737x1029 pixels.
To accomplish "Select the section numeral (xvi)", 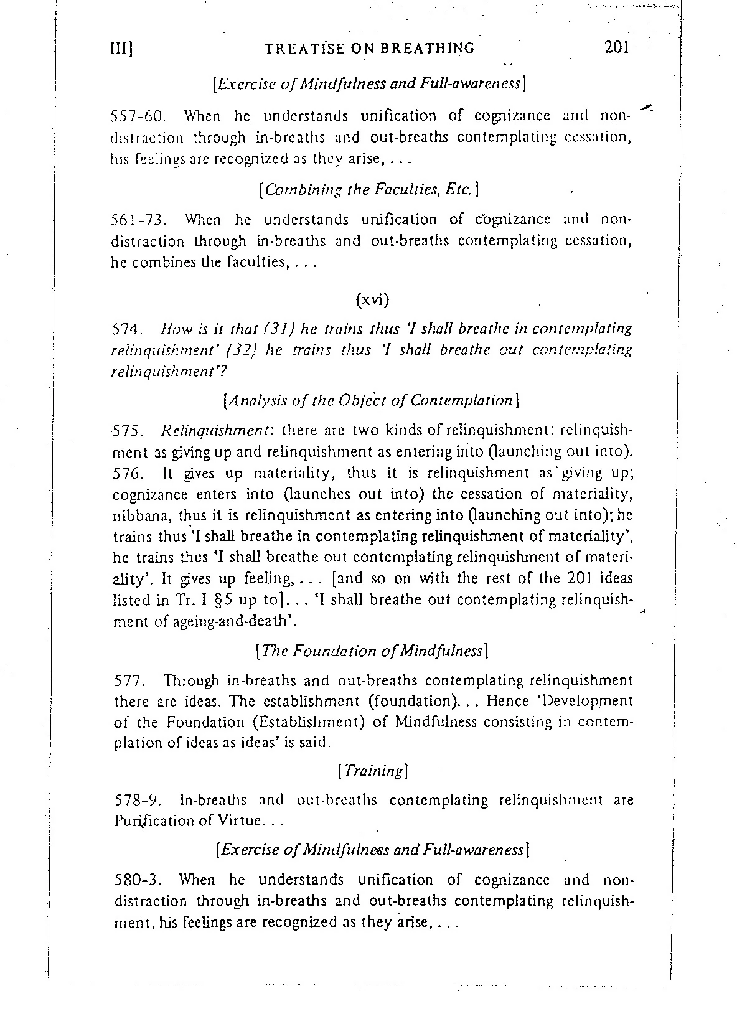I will tap(372, 299).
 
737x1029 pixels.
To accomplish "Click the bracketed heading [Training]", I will tap(372, 771).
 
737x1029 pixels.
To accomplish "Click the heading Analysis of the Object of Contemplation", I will tap(371, 401).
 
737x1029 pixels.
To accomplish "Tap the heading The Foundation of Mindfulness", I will tap(372, 651).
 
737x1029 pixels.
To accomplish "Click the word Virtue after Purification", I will tap(234, 821).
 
